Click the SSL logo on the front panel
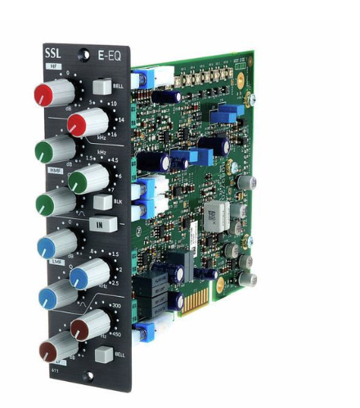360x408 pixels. (x=52, y=57)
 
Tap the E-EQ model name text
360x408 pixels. (x=111, y=56)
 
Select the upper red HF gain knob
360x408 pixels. (x=50, y=92)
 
